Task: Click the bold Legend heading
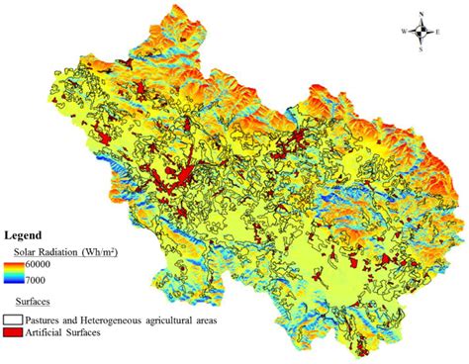coord(22,236)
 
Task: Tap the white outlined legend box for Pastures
coord(13,320)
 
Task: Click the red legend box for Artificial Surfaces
coord(13,332)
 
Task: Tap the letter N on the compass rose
coord(422,15)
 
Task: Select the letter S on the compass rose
coord(422,48)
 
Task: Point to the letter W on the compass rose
coord(403,32)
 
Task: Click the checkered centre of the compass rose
coord(422,32)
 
